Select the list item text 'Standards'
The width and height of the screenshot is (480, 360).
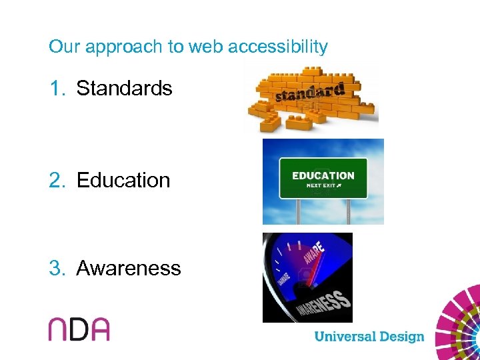tap(124, 88)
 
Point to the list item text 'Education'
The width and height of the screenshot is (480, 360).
tap(123, 180)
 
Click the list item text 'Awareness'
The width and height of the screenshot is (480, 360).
tap(129, 268)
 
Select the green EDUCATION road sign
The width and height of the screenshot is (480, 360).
tap(323, 178)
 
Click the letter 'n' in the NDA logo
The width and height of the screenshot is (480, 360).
tap(59, 329)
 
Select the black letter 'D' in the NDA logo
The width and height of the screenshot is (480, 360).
tap(79, 329)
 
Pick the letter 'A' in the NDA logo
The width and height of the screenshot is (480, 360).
tap(99, 329)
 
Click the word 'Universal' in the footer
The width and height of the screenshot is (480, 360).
tap(345, 336)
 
